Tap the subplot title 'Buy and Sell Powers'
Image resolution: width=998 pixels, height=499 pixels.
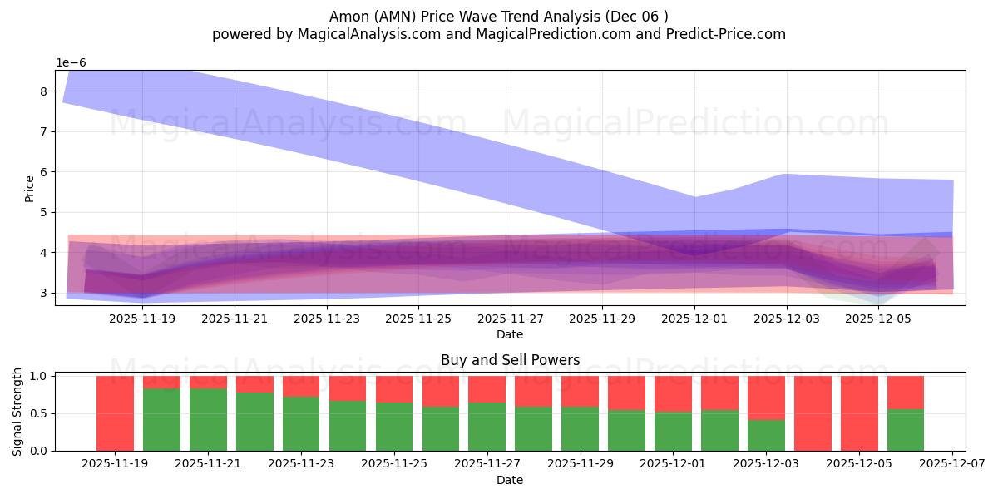[510, 360]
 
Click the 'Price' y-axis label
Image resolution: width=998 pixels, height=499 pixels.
[30, 188]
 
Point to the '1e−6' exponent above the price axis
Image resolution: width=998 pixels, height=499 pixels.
[71, 62]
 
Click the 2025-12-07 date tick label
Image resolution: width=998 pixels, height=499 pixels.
[951, 463]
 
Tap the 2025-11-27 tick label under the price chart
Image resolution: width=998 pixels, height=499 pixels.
[511, 318]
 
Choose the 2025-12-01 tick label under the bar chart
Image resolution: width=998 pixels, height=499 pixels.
[673, 463]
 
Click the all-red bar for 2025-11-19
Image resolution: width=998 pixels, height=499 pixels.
[115, 413]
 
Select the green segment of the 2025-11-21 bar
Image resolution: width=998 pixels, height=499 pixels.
[208, 420]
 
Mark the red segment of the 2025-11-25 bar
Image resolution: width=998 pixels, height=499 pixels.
[394, 388]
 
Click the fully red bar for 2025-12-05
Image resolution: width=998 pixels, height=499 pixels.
[859, 413]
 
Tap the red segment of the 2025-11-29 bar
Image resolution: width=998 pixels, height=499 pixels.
[580, 391]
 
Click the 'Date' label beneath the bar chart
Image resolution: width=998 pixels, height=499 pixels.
[510, 480]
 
